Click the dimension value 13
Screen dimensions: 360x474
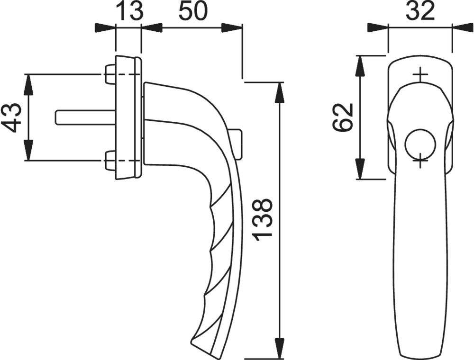tap(128, 11)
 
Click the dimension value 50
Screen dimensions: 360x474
tap(192, 11)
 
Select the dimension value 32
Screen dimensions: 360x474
tap(420, 11)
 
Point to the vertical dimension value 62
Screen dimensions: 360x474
tap(343, 117)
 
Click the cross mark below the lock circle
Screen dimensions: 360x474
tap(420, 162)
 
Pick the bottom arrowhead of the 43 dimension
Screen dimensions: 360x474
tap(29, 152)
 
